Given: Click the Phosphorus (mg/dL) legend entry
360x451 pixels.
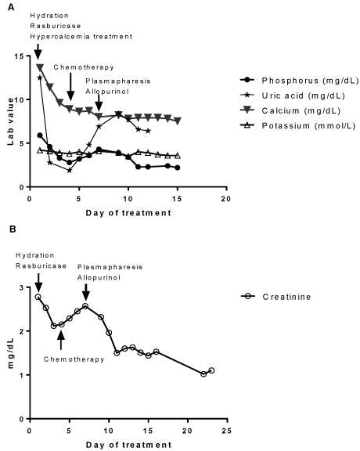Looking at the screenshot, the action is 300,81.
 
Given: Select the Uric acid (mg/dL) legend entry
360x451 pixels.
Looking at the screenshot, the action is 293,96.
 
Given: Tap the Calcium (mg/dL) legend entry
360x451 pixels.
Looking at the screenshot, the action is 290,110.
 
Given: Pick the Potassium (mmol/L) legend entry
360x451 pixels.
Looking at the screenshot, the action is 298,126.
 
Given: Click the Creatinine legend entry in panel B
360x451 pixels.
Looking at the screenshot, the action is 276,297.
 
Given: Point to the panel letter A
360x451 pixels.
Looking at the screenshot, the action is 11,8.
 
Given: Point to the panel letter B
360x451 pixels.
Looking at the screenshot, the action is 13,229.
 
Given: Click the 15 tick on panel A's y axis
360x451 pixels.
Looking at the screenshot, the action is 20,56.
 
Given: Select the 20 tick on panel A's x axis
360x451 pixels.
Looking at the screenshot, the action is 226,199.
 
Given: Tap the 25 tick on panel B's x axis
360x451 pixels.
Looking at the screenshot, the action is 227,431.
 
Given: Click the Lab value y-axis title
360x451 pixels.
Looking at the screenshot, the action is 11,121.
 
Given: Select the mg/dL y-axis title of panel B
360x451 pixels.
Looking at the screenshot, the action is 11,353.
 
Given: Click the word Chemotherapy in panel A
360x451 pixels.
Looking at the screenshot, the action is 84,67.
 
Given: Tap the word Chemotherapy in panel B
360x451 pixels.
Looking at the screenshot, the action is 74,359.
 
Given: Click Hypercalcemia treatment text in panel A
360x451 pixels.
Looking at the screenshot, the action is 81,37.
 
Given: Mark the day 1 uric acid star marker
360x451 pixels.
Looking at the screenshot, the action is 40,78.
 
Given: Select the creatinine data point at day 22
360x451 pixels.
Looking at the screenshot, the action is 203,374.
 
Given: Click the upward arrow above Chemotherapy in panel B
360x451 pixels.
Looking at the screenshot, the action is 61,341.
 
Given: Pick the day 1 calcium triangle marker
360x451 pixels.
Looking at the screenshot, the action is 40,67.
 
